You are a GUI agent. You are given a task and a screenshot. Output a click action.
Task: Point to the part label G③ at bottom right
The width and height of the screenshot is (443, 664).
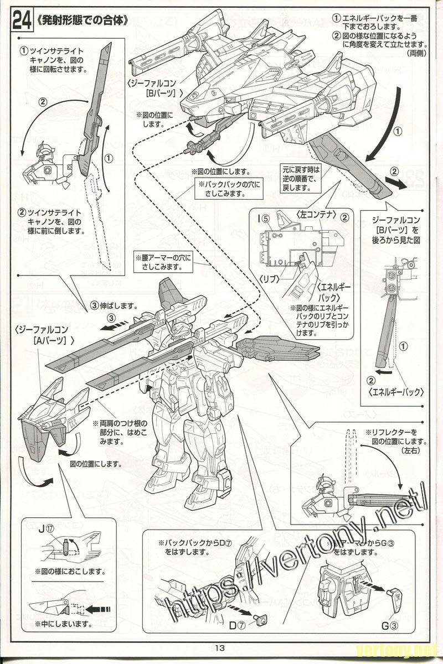(x=390, y=626)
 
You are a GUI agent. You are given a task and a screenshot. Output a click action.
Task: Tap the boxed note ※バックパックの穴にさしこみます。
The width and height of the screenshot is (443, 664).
(x=228, y=190)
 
